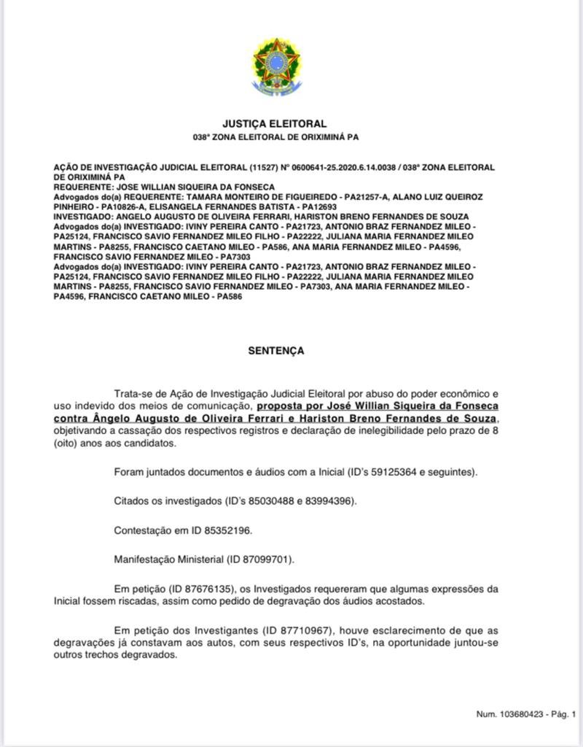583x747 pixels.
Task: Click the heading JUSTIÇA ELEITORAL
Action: tap(275, 124)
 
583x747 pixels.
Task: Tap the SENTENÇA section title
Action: tap(275, 351)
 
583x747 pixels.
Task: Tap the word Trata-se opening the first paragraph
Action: tap(135, 394)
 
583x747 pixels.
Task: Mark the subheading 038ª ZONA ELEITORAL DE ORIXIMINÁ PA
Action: tap(275, 137)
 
